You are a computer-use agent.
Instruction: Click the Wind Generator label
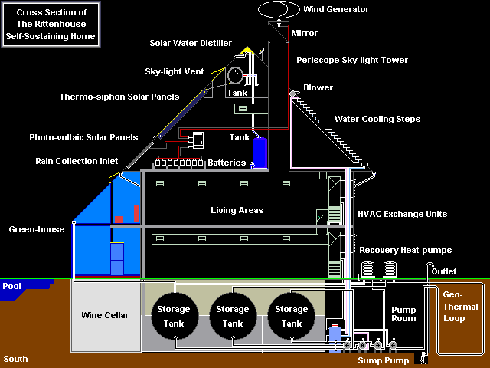pos(338,9)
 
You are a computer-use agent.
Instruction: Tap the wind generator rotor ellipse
pos(280,10)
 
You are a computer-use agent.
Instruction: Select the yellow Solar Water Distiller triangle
pos(247,51)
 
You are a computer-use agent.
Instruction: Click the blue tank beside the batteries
pos(260,153)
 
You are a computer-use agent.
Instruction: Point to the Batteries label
pos(227,163)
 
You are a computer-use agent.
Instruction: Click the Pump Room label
pos(403,315)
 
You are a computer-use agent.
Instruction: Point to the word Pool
pos(12,285)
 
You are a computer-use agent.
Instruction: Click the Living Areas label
pos(237,210)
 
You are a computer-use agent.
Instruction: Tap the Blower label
pos(318,88)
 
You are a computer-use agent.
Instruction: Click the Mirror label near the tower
pos(304,34)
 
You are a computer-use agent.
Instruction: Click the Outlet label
pos(443,271)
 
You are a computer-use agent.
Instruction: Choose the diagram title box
pos(51,25)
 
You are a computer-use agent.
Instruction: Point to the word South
pos(15,359)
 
